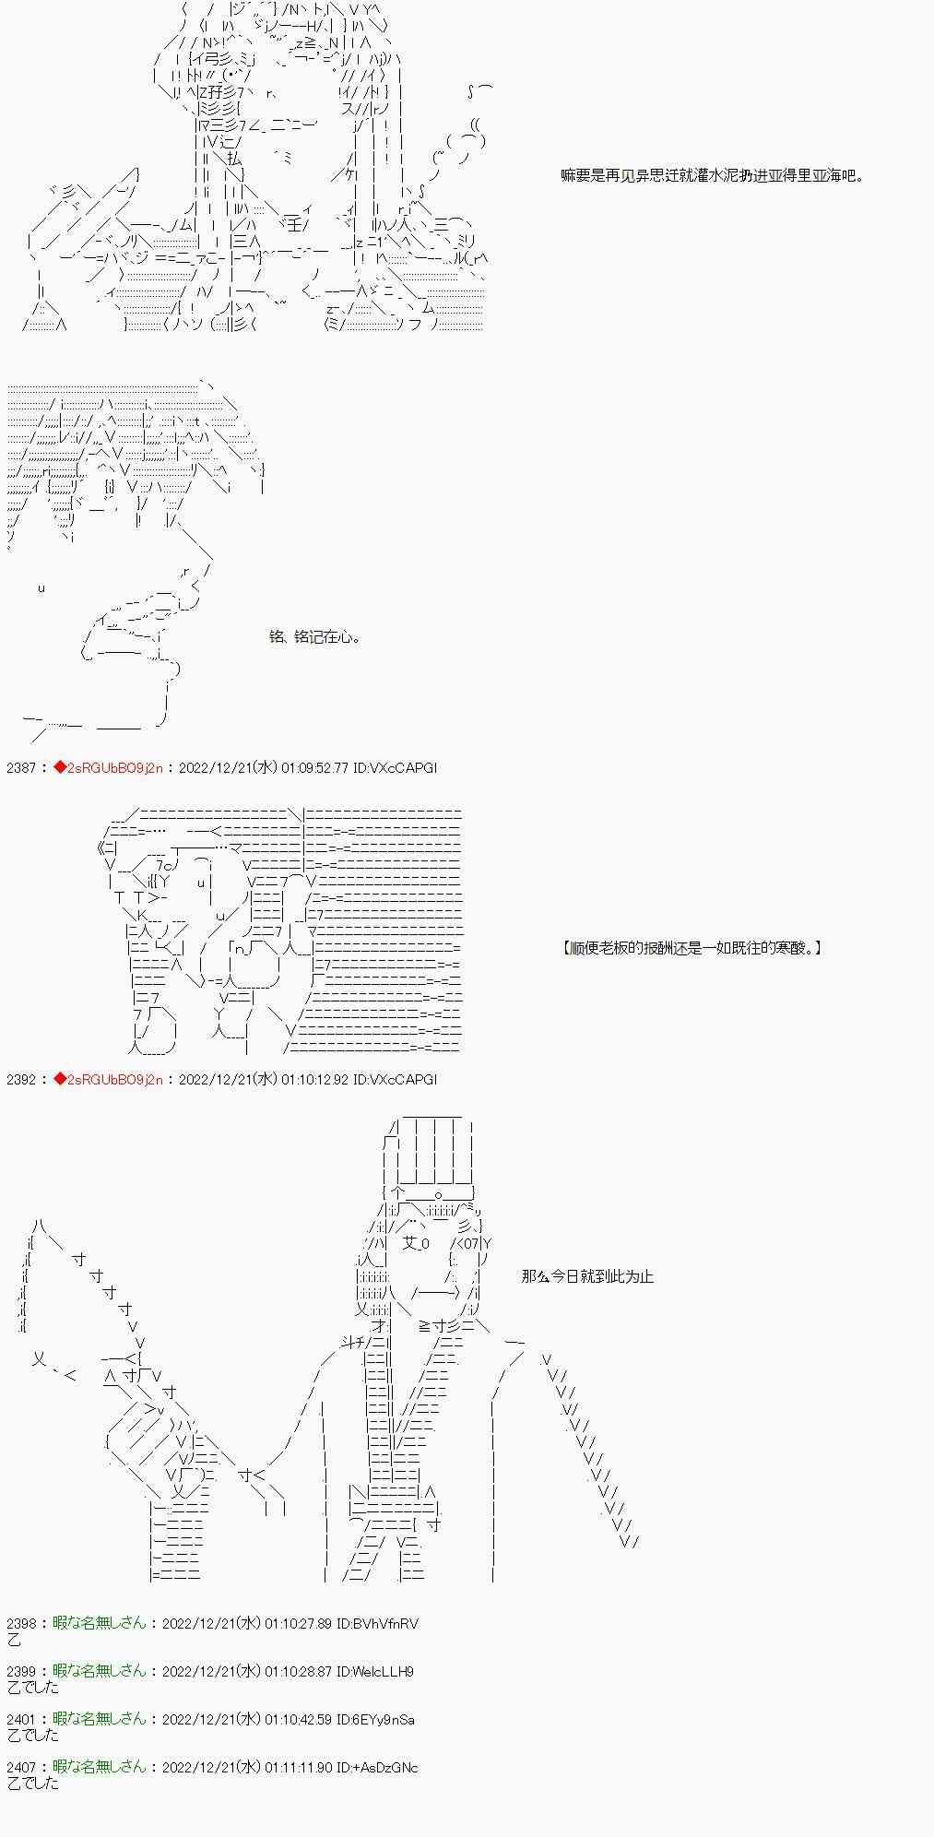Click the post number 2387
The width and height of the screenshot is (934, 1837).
click(x=22, y=768)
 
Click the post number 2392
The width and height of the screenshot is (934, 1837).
click(x=22, y=1079)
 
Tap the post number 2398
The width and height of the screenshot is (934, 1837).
click(x=22, y=1623)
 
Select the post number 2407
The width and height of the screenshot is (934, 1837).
click(x=22, y=1767)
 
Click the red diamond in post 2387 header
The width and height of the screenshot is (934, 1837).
click(x=60, y=768)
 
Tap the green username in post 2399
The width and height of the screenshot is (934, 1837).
click(x=100, y=1671)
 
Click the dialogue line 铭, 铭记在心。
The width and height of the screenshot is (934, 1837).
click(x=314, y=637)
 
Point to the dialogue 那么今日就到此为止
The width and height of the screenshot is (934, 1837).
click(x=587, y=1276)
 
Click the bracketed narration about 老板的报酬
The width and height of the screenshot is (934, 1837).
click(x=692, y=947)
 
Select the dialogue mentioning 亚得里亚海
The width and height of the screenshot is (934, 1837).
click(x=712, y=175)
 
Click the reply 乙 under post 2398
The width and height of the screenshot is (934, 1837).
click(x=13, y=1640)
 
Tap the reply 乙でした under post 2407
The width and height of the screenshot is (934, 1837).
click(x=33, y=1784)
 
